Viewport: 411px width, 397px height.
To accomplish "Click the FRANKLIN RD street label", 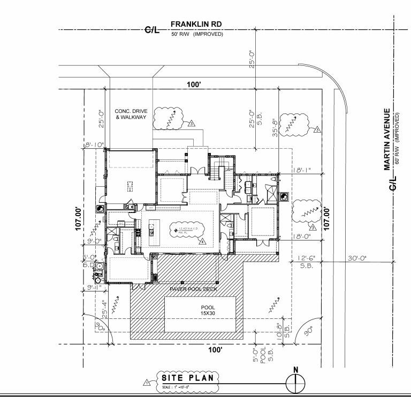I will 196,25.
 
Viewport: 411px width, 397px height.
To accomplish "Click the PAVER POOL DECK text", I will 194,289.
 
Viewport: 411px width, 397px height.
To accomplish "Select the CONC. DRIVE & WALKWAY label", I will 130,114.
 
